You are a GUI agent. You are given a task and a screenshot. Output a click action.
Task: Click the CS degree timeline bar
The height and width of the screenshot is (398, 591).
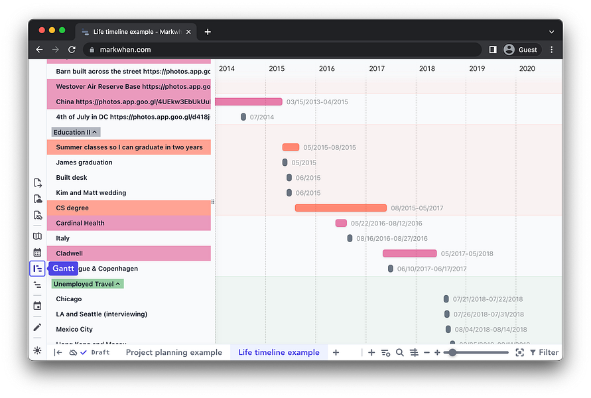pyautogui.click(x=340, y=208)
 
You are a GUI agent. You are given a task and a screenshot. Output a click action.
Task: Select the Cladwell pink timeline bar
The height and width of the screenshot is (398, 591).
pyautogui.click(x=409, y=253)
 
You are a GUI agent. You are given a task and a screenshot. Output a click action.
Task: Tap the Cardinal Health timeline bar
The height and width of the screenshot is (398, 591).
pyautogui.click(x=341, y=224)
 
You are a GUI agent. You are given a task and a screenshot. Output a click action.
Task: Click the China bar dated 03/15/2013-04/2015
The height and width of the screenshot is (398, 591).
pyautogui.click(x=249, y=101)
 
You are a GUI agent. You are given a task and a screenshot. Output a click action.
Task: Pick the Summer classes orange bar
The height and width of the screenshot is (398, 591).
pyautogui.click(x=291, y=147)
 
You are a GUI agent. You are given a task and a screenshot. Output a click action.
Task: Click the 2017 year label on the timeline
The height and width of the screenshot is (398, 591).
pyautogui.click(x=377, y=69)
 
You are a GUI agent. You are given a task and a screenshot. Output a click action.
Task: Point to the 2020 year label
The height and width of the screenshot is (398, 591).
pyautogui.click(x=527, y=69)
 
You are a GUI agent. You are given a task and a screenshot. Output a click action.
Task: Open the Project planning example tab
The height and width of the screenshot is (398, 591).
pyautogui.click(x=174, y=352)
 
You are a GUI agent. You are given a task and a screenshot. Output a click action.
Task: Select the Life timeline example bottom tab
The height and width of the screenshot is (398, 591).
pyautogui.click(x=279, y=352)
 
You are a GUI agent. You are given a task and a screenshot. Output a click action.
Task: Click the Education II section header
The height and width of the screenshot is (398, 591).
pyautogui.click(x=76, y=132)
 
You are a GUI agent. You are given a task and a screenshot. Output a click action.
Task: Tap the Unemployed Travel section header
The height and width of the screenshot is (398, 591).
pyautogui.click(x=88, y=284)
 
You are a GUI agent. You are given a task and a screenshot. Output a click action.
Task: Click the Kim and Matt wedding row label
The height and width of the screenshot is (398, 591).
pyautogui.click(x=91, y=193)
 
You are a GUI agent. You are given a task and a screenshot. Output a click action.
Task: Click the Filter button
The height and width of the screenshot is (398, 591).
pyautogui.click(x=544, y=352)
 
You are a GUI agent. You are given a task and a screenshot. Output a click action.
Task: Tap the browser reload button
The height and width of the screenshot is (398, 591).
pyautogui.click(x=72, y=50)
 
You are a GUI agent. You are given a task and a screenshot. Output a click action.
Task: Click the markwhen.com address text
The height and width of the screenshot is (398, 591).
pyautogui.click(x=125, y=50)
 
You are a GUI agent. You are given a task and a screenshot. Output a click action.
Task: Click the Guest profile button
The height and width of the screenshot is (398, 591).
pyautogui.click(x=521, y=50)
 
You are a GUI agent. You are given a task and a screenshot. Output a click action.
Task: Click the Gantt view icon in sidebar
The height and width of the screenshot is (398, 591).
pyautogui.click(x=37, y=269)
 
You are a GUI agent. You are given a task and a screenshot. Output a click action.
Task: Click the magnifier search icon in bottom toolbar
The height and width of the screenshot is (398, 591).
pyautogui.click(x=400, y=352)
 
